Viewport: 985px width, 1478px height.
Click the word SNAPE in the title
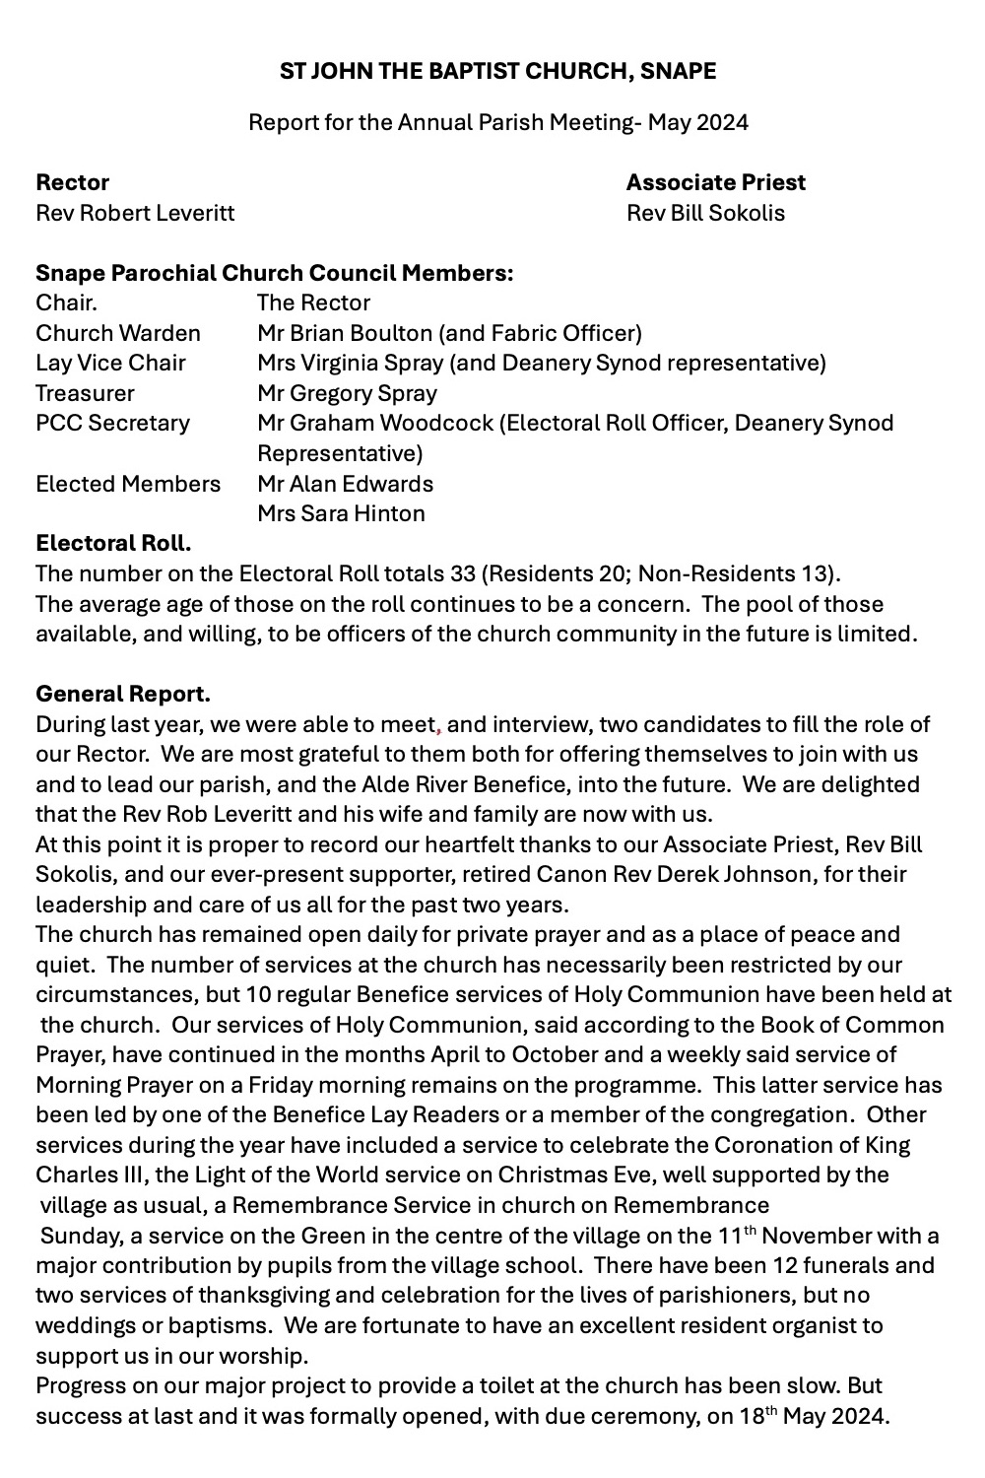click(x=679, y=71)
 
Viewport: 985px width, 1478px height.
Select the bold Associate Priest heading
click(x=715, y=182)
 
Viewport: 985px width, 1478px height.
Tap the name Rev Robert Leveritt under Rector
click(x=135, y=213)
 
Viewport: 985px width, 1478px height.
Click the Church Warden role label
click(x=118, y=333)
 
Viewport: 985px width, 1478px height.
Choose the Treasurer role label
click(x=85, y=393)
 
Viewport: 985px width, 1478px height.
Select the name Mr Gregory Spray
click(x=347, y=393)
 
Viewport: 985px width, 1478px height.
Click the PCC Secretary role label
click(x=112, y=423)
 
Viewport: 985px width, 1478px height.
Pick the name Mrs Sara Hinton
click(x=341, y=513)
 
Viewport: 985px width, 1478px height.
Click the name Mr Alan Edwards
click(x=345, y=484)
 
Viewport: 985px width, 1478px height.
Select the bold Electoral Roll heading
click(x=113, y=544)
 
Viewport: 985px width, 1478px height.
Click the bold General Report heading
click(x=123, y=695)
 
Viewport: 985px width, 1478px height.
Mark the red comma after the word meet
click(x=438, y=728)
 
